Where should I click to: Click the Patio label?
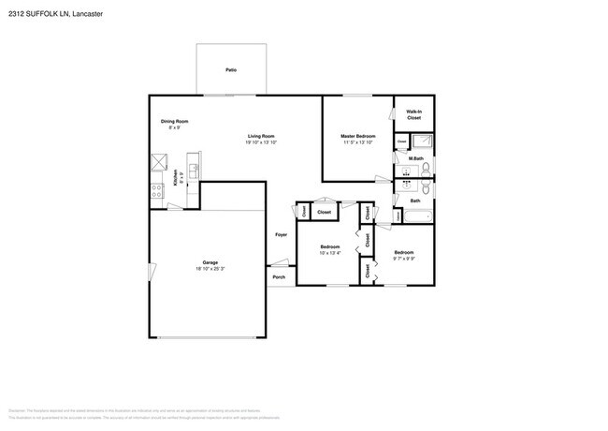point(230,70)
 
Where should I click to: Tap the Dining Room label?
point(175,121)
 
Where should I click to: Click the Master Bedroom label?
point(358,136)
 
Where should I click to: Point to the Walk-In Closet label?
point(413,115)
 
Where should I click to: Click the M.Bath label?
point(416,158)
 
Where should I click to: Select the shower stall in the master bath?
point(423,141)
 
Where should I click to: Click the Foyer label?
point(281,234)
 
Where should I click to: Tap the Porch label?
point(279,277)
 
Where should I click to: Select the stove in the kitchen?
point(157,190)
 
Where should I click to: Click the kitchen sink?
point(193,169)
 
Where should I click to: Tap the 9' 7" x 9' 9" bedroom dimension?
point(403,259)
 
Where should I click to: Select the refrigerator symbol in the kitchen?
point(157,161)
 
